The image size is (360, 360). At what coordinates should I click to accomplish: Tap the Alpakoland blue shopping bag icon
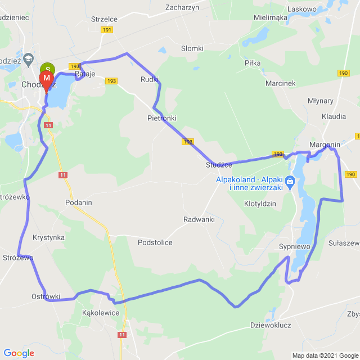coord(290,181)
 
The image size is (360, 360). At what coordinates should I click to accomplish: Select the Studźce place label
coord(219,165)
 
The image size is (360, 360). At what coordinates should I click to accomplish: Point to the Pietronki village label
coord(161,118)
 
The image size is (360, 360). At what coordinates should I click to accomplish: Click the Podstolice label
coord(155,242)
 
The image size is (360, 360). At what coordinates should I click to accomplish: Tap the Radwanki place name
coord(199,219)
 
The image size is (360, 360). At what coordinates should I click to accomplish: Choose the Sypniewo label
coord(295,246)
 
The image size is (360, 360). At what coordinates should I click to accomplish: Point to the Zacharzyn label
coord(183,7)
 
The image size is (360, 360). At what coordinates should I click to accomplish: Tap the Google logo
coord(19,353)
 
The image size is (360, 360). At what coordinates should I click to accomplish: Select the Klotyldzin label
coord(260,204)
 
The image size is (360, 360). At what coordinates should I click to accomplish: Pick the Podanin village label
coord(78,202)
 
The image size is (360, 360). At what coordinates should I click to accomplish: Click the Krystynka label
coord(48,237)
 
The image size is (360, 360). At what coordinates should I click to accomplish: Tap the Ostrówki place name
coord(46,296)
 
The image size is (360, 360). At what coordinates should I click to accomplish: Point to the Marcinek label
coord(281,83)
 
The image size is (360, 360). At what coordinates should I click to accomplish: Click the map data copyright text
coord(325,355)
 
